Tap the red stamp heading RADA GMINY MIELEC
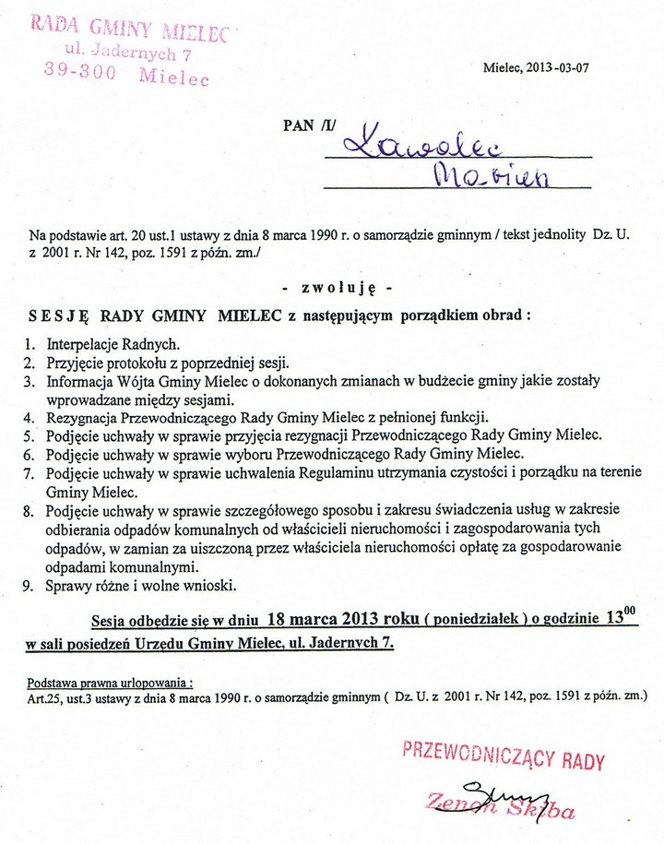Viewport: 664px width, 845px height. click(129, 28)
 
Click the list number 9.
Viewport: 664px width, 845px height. click(28, 585)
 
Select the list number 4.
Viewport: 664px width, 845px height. click(29, 416)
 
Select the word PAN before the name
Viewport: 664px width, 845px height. click(300, 127)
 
